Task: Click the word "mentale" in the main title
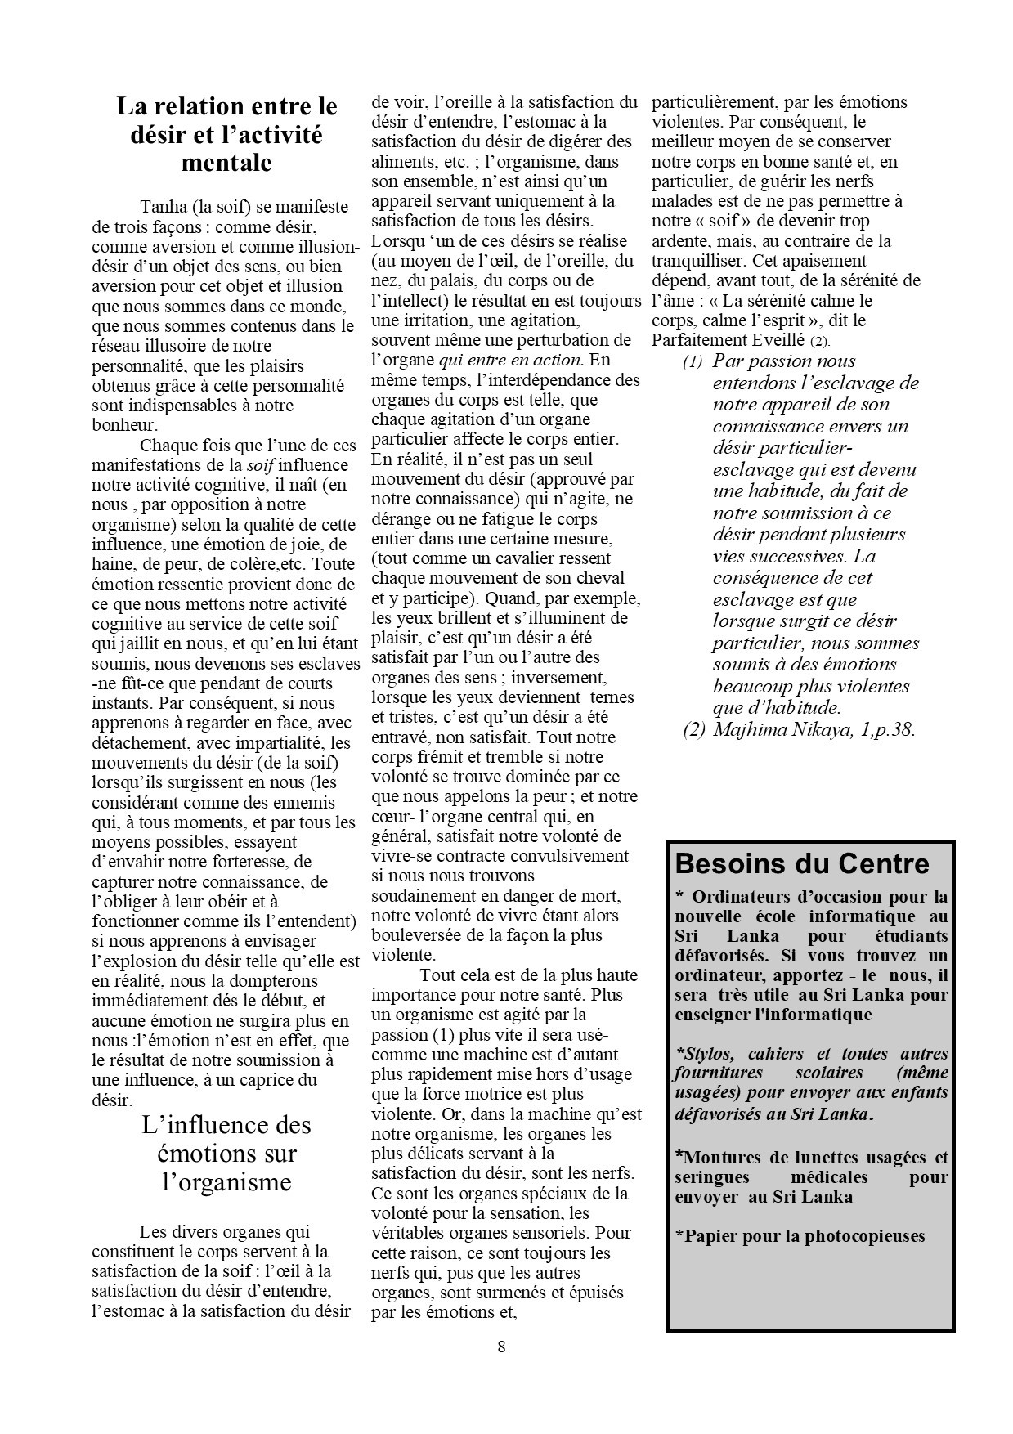coord(226,163)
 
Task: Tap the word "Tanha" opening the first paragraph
coord(160,206)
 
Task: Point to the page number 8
coord(501,1347)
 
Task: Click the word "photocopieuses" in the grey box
coord(864,1235)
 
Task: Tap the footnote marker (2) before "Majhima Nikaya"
coord(694,729)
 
